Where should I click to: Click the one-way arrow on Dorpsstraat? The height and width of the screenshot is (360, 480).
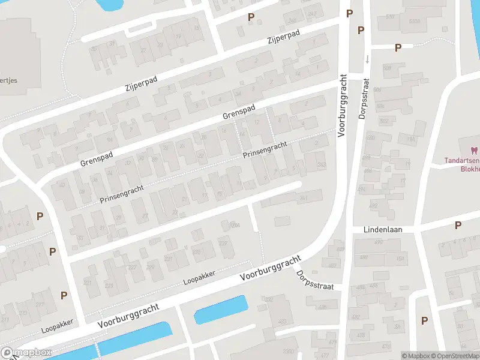point(367,59)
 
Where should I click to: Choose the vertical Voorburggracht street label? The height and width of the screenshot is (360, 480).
point(343,106)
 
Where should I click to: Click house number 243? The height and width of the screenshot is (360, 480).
point(322,165)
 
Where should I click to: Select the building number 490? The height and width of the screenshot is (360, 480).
point(379,242)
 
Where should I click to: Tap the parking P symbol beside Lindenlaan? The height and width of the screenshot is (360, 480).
point(458,225)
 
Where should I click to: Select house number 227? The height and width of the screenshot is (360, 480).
point(169,259)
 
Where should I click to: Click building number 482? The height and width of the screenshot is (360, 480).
point(356,317)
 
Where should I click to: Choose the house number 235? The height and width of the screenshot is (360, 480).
point(196,252)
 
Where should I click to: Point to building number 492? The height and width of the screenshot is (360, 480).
point(373,206)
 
